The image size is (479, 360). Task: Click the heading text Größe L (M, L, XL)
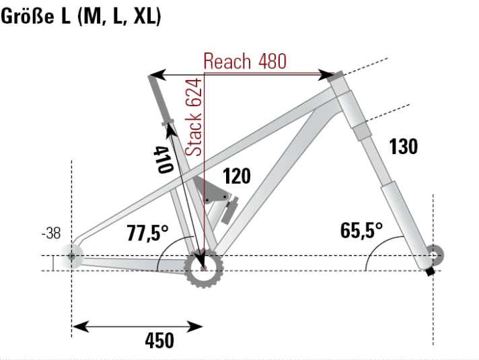pyautogui.click(x=81, y=17)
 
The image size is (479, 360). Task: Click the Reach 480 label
pyautogui.click(x=245, y=61)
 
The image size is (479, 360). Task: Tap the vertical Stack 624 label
pyautogui.click(x=194, y=116)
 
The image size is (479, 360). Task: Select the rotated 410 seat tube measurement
pyautogui.click(x=162, y=159)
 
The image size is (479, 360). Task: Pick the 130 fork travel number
pyautogui.click(x=404, y=147)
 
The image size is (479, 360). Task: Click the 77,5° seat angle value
pyautogui.click(x=148, y=233)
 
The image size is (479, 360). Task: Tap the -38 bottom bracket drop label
pyautogui.click(x=50, y=234)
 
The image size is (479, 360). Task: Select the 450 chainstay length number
pyautogui.click(x=159, y=340)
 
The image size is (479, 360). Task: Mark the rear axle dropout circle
pyautogui.click(x=71, y=256)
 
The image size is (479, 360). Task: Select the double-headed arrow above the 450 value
pyautogui.click(x=137, y=327)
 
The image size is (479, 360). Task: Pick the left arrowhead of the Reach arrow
pyautogui.click(x=154, y=73)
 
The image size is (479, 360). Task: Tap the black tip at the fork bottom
pyautogui.click(x=429, y=273)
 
